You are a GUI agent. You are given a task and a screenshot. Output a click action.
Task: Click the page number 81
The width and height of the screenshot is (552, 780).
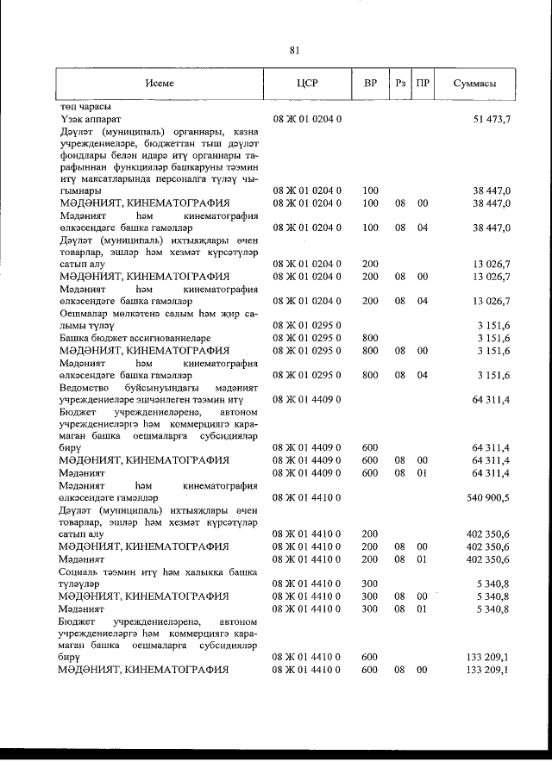tap(294, 50)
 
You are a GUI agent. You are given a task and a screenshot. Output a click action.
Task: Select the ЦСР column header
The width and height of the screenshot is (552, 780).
tap(307, 84)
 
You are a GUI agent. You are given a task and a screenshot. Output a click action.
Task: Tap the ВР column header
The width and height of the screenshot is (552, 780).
tap(370, 84)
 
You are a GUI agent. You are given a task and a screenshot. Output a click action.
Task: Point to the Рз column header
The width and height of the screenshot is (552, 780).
tap(400, 84)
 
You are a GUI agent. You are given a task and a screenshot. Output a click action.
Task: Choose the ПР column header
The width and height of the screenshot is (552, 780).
tap(423, 84)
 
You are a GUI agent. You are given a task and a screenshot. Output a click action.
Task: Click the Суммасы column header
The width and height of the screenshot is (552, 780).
tap(474, 84)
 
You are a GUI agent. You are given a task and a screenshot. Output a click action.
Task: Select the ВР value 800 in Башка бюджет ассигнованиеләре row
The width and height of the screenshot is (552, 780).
tap(371, 338)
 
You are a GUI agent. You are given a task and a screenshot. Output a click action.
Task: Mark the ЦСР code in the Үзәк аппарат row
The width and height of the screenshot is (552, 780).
tap(307, 117)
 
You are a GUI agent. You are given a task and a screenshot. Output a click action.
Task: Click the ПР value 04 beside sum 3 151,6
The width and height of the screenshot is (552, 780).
tap(423, 375)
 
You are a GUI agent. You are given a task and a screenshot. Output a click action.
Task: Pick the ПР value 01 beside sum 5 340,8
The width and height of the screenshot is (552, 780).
tap(423, 608)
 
